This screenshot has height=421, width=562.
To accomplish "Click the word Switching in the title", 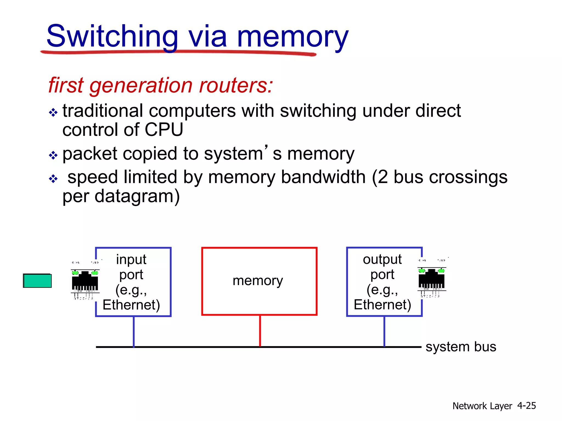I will pyautogui.click(x=113, y=36).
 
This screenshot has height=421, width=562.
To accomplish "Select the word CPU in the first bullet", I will pyautogui.click(x=164, y=129).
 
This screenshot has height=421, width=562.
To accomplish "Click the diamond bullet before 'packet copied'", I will pyautogui.click(x=53, y=155).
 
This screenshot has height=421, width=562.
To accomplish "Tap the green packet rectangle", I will pyautogui.click(x=37, y=281).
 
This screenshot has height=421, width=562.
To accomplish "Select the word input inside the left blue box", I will pyautogui.click(x=131, y=259).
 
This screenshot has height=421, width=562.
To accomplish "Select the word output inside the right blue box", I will pyautogui.click(x=382, y=259).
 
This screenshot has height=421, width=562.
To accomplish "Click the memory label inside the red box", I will pyautogui.click(x=258, y=281).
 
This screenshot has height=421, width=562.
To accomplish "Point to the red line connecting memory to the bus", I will pyautogui.click(x=260, y=331).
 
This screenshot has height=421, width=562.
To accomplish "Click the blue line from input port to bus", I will pyautogui.click(x=134, y=332).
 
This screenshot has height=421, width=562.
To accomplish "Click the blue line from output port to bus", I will pyautogui.click(x=384, y=332).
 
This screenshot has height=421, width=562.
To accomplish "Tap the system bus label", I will pyautogui.click(x=461, y=347).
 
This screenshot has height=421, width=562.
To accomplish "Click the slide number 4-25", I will pyautogui.click(x=526, y=406).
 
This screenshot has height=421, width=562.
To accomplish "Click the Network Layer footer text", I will pyautogui.click(x=482, y=406).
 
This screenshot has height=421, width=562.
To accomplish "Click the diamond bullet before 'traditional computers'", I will pyautogui.click(x=53, y=112).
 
